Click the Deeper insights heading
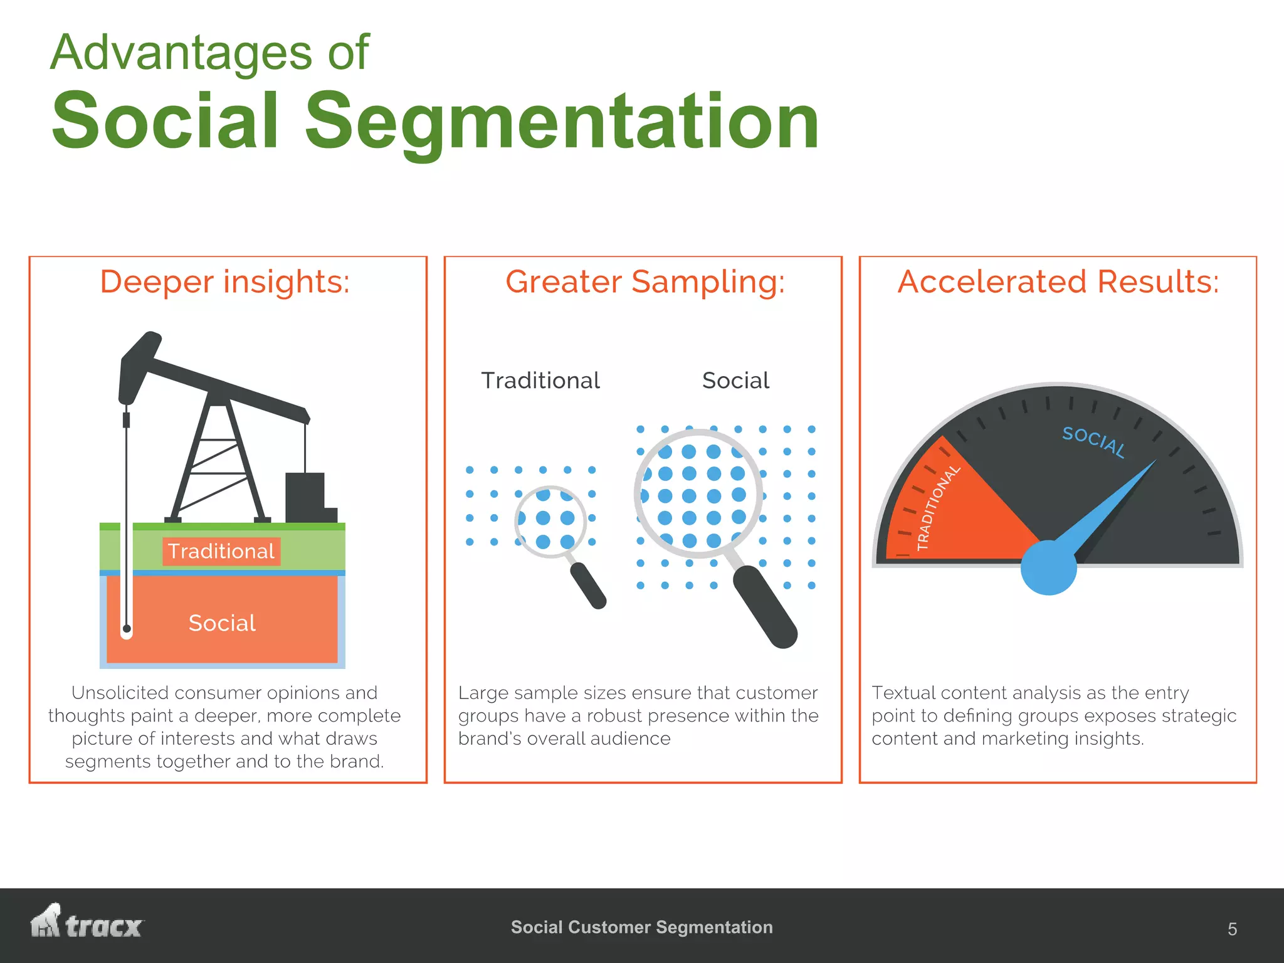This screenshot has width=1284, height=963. (x=224, y=282)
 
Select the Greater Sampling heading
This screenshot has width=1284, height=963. (x=645, y=282)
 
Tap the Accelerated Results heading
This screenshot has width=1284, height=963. (x=1058, y=282)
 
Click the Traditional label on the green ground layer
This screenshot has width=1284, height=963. (x=221, y=551)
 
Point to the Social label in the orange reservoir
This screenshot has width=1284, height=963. (x=222, y=623)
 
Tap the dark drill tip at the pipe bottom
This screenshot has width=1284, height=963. (x=127, y=628)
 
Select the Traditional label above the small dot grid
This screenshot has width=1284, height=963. (x=540, y=381)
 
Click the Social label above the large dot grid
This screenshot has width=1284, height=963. (x=735, y=381)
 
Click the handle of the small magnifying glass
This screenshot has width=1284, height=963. (x=588, y=585)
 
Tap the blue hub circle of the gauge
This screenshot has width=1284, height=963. (x=1048, y=567)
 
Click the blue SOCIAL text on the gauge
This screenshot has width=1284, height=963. (x=1093, y=441)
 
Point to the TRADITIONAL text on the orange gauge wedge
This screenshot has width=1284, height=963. (x=938, y=508)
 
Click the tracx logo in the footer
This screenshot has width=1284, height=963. (x=87, y=923)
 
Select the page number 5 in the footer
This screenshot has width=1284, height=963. (x=1232, y=929)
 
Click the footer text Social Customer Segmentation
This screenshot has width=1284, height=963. (x=641, y=927)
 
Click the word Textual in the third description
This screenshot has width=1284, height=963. (x=903, y=693)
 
